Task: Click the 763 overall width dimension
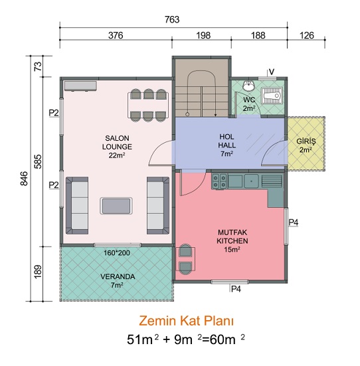pos(172,20)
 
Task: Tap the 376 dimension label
pos(116,35)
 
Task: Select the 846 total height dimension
pos(24,179)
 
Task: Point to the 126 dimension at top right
pos(307,35)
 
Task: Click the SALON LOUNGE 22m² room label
pos(117,147)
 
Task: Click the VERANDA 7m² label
pos(118,281)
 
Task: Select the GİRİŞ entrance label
pos(306,145)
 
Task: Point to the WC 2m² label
pos(249,104)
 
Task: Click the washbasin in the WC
pos(248,86)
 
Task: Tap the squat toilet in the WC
pos(272,96)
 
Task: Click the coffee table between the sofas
pos(116,206)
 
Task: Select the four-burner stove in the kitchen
pos(219,181)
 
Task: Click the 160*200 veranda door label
pos(117,253)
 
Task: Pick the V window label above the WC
pos(272,72)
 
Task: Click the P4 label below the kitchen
pos(236,289)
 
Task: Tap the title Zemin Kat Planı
pos(186,321)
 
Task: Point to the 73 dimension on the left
pos(39,66)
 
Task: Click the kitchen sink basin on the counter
pos(251,181)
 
